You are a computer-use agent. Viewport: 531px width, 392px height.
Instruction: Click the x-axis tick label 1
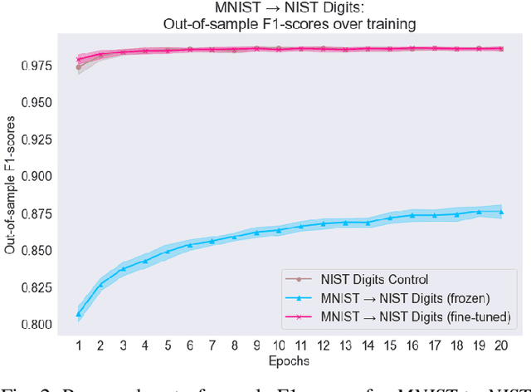(79, 344)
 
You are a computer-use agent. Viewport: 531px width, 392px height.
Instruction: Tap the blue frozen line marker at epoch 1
(79, 314)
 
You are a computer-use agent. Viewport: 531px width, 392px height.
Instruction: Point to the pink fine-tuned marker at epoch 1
(79, 59)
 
